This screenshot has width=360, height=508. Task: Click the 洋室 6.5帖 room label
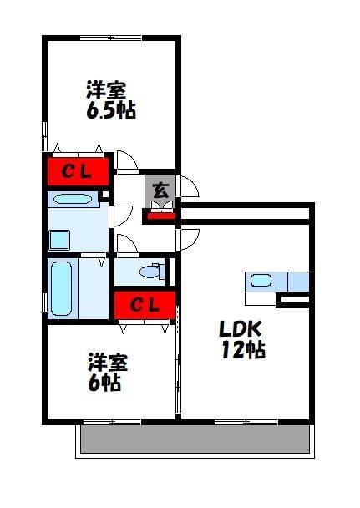click(x=109, y=99)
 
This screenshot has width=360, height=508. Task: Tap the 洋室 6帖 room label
click(x=107, y=372)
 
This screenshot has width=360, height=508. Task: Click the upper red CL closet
click(x=76, y=172)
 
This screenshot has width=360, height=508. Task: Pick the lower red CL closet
click(x=145, y=304)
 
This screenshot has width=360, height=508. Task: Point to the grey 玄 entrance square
click(x=160, y=189)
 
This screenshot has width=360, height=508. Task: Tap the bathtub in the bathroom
click(x=60, y=287)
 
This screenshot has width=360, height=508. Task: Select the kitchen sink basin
click(x=261, y=281)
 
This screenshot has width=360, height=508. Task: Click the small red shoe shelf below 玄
click(x=160, y=217)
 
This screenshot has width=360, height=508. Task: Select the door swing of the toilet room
click(x=127, y=245)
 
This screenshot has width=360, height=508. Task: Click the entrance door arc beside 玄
click(x=188, y=186)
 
